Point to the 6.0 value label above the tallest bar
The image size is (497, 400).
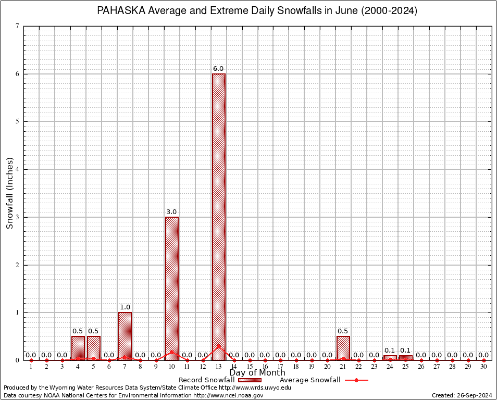218,69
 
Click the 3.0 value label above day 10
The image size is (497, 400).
171,212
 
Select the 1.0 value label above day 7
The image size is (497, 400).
125,307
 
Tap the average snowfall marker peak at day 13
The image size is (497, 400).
219,346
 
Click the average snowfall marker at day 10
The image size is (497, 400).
172,352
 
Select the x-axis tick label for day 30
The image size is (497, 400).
483,367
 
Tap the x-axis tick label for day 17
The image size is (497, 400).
281,367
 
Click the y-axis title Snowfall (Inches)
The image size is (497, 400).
9,193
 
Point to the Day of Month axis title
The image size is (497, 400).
257,373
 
